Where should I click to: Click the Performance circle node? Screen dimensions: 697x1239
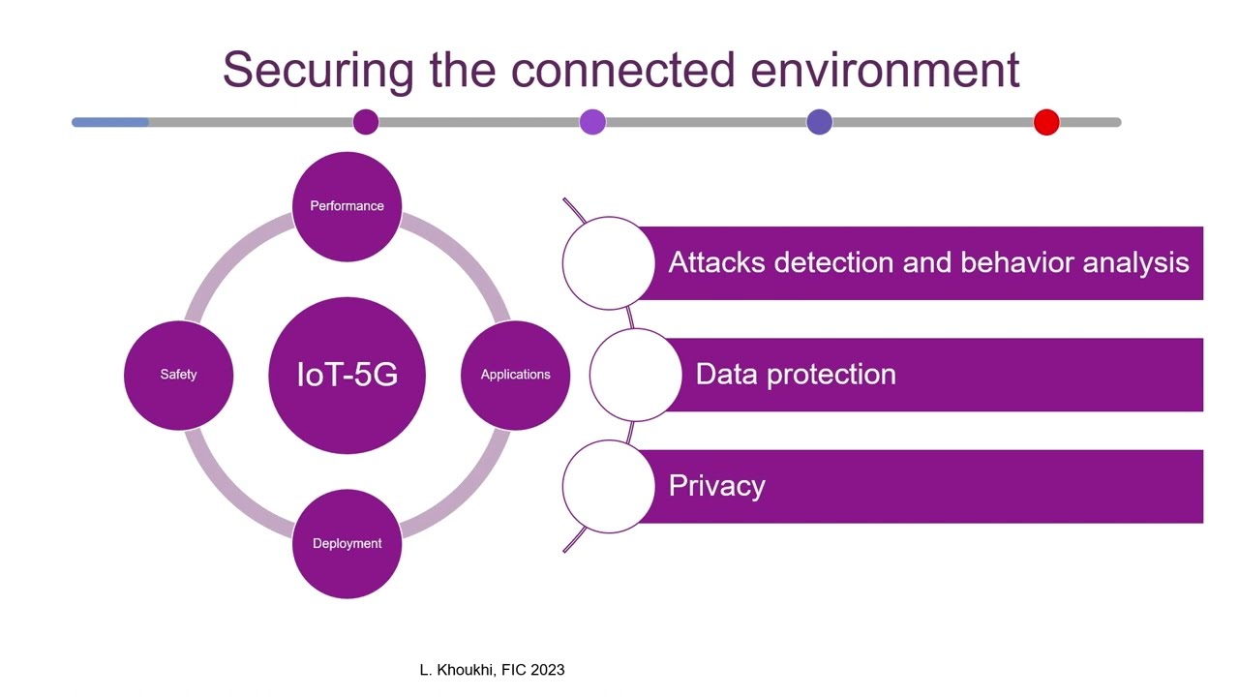point(347,206)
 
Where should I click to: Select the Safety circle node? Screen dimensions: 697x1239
point(178,375)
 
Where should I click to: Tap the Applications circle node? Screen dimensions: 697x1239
point(515,375)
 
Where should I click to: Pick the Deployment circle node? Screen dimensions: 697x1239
point(347,543)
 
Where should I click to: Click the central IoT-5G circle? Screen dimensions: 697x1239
point(347,375)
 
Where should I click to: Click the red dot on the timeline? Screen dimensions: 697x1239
point(1046,122)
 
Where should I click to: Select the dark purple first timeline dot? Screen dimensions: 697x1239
point(366,122)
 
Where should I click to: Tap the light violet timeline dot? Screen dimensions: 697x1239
point(592,122)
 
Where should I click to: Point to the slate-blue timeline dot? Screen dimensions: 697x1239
point(819,122)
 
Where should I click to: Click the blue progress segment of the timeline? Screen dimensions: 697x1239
point(110,122)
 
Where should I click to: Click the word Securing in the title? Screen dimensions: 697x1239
point(317,70)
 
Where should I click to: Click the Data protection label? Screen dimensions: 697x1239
point(795,375)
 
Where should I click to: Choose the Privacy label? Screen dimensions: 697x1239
point(716,485)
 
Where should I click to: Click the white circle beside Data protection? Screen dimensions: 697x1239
point(635,375)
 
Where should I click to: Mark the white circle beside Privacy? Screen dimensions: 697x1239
point(608,486)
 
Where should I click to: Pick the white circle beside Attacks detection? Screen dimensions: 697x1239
point(608,263)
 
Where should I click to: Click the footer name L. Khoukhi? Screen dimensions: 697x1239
point(456,670)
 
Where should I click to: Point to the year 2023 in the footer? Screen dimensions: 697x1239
point(547,670)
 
